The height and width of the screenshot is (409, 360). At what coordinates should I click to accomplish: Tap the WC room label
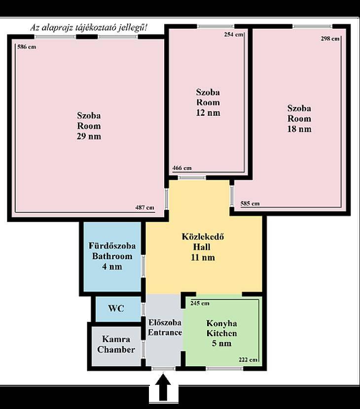click(116, 308)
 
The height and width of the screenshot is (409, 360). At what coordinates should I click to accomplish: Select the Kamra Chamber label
click(116, 344)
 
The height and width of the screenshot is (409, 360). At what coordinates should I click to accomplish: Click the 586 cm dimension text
click(27, 47)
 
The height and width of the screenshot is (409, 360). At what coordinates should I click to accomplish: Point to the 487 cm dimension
click(144, 207)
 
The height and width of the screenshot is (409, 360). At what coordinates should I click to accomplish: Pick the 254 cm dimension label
click(233, 34)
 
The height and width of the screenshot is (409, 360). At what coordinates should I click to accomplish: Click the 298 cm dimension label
click(330, 38)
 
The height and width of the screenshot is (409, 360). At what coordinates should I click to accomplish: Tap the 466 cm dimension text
click(182, 168)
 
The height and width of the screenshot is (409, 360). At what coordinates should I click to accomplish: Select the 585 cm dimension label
click(250, 204)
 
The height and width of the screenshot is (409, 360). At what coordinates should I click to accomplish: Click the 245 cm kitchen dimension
click(200, 303)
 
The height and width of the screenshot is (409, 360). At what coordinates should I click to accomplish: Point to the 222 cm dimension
click(248, 360)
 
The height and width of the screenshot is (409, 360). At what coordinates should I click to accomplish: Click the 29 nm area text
click(89, 136)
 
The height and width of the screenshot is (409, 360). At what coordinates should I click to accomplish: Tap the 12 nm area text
click(208, 113)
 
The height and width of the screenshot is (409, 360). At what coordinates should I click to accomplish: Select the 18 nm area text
click(299, 129)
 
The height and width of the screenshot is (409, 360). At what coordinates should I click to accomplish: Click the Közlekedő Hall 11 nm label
click(203, 247)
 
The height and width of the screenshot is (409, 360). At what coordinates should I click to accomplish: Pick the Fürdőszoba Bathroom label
click(112, 256)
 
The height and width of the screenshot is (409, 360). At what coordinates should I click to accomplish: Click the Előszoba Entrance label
click(165, 327)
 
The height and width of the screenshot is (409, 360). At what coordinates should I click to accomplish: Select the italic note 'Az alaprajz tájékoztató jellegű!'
click(88, 28)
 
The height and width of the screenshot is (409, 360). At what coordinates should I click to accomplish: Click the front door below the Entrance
click(163, 369)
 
